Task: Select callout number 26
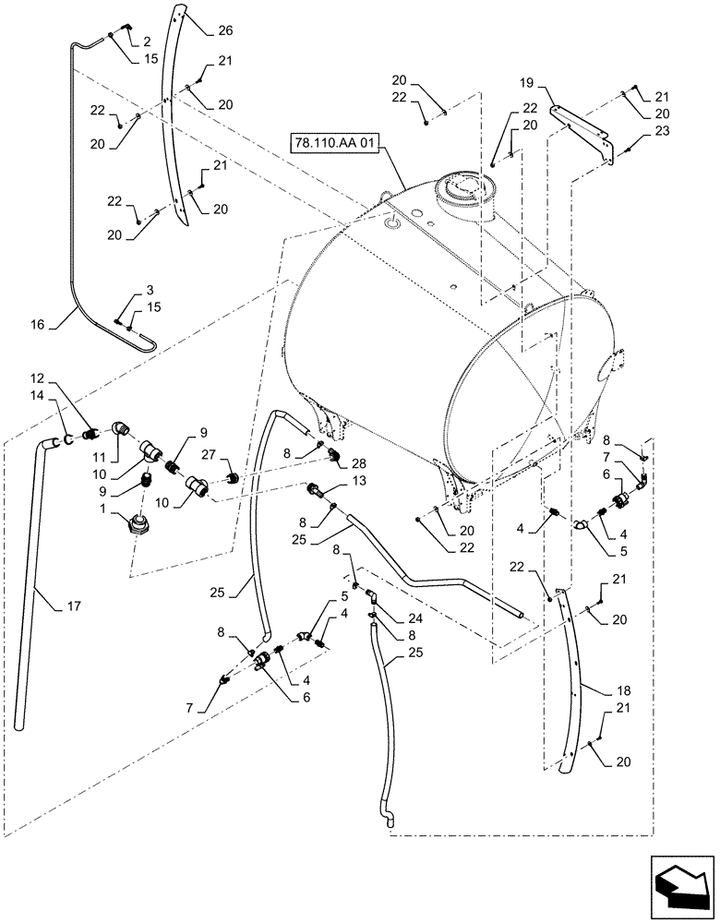225,30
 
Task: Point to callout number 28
356,461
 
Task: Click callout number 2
146,42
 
